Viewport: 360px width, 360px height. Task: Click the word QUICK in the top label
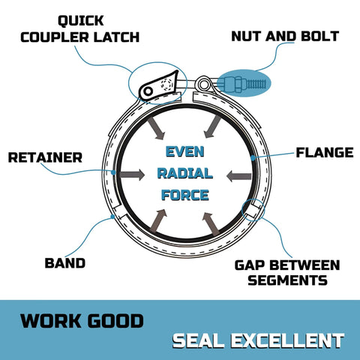[81, 21]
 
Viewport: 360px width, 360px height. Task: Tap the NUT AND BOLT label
[285, 36]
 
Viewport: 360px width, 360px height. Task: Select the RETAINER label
[45, 157]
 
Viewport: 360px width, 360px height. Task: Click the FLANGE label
[325, 152]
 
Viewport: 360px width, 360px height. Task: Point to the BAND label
[65, 263]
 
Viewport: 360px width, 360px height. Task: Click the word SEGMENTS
[287, 280]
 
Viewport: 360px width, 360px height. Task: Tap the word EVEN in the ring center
[185, 151]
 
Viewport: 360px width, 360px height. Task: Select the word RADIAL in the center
[185, 173]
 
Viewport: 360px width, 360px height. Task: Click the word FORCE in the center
[185, 195]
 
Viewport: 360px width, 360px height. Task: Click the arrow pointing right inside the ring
[132, 175]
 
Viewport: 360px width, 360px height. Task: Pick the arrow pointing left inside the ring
[239, 176]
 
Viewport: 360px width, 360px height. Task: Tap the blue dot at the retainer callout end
[113, 172]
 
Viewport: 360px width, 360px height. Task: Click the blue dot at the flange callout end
[253, 158]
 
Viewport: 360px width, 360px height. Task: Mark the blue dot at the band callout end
[112, 216]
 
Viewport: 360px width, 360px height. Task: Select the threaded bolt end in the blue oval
[257, 84]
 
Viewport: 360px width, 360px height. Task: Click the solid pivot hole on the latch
[148, 91]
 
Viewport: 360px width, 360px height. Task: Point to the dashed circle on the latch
[166, 84]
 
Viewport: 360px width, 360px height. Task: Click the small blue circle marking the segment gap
[253, 210]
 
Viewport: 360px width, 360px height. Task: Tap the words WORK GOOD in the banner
[82, 321]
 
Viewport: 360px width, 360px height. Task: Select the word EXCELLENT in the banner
[287, 340]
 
